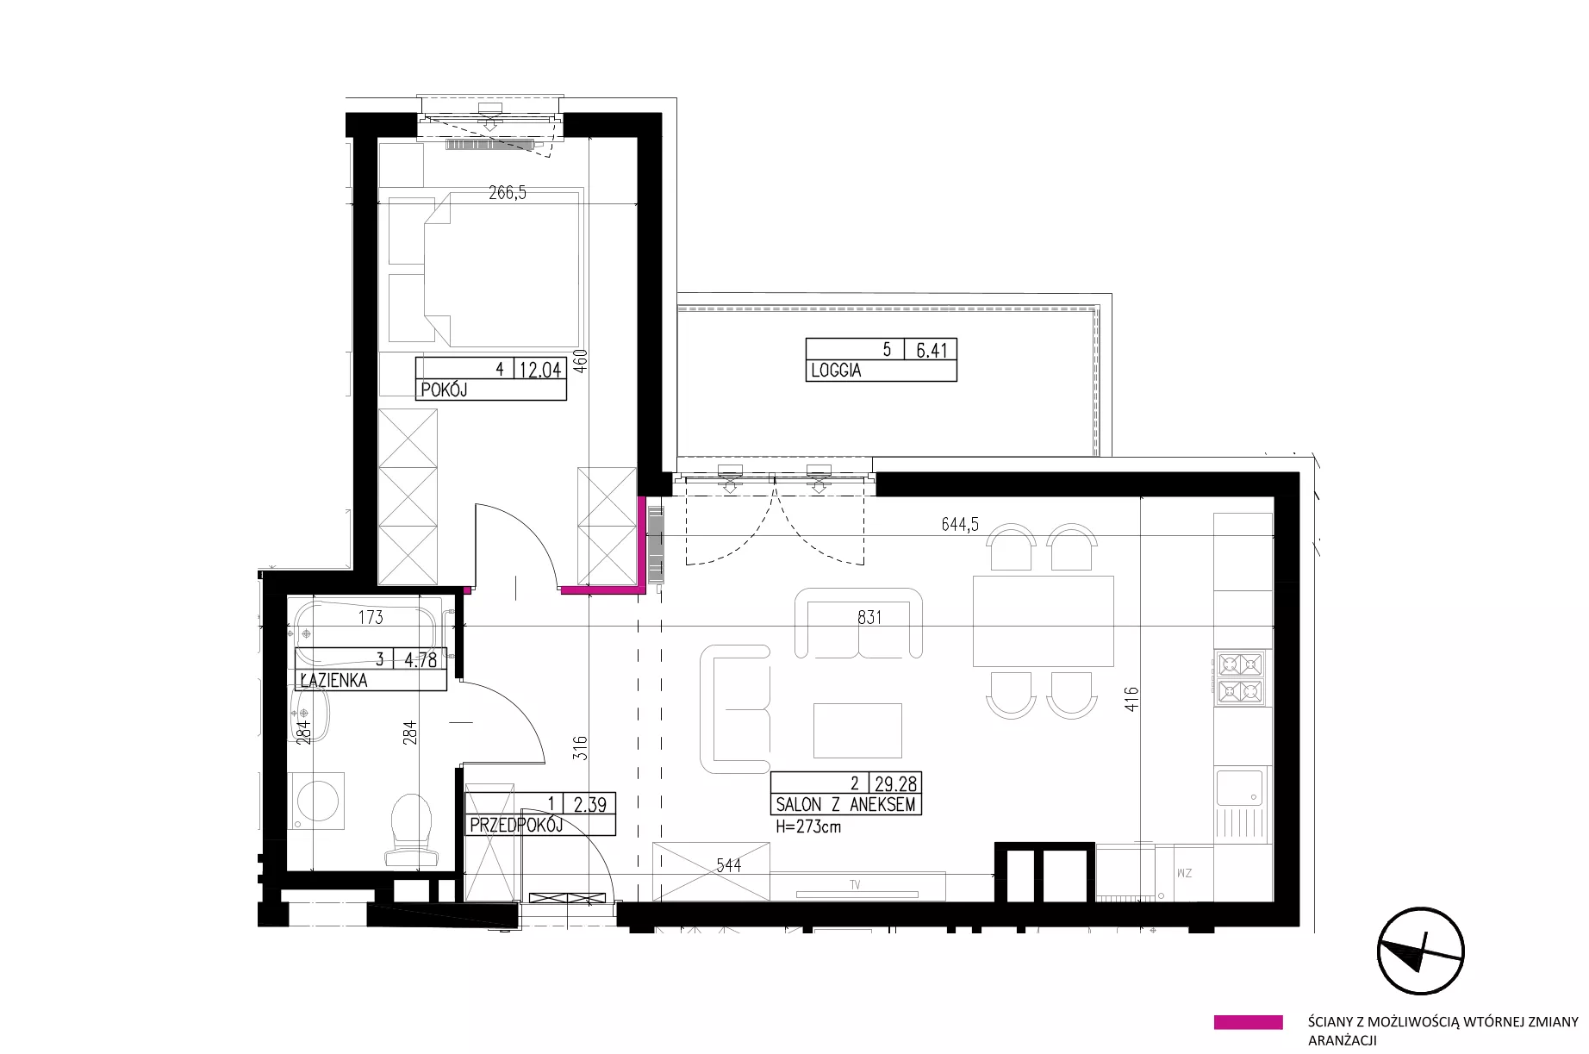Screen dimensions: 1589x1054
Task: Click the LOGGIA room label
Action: click(x=835, y=371)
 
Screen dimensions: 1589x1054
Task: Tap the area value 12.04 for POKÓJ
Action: click(x=540, y=370)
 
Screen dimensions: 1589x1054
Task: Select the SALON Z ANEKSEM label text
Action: click(x=845, y=805)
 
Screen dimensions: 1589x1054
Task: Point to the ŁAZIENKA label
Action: click(x=333, y=680)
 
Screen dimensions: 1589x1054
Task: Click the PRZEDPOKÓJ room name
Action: click(x=516, y=825)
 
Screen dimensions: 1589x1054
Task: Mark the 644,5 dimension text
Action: click(x=959, y=525)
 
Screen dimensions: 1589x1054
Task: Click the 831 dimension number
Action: click(x=869, y=617)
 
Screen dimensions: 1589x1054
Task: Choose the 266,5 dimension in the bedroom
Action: click(x=508, y=193)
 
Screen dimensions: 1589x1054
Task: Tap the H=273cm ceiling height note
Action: click(x=808, y=826)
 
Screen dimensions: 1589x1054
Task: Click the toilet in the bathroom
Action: click(x=410, y=828)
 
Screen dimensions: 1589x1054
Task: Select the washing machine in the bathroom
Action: click(x=315, y=801)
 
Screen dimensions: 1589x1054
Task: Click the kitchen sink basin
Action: click(x=1239, y=788)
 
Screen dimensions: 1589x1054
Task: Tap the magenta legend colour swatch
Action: click(x=1248, y=1023)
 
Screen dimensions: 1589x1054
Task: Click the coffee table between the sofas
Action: click(x=857, y=730)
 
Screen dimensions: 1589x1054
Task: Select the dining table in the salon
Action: click(x=1043, y=621)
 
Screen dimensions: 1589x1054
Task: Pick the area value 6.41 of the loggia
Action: click(x=932, y=350)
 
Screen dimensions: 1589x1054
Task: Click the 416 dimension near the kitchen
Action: click(x=1131, y=698)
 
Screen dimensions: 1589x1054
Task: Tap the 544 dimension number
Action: click(x=728, y=864)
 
